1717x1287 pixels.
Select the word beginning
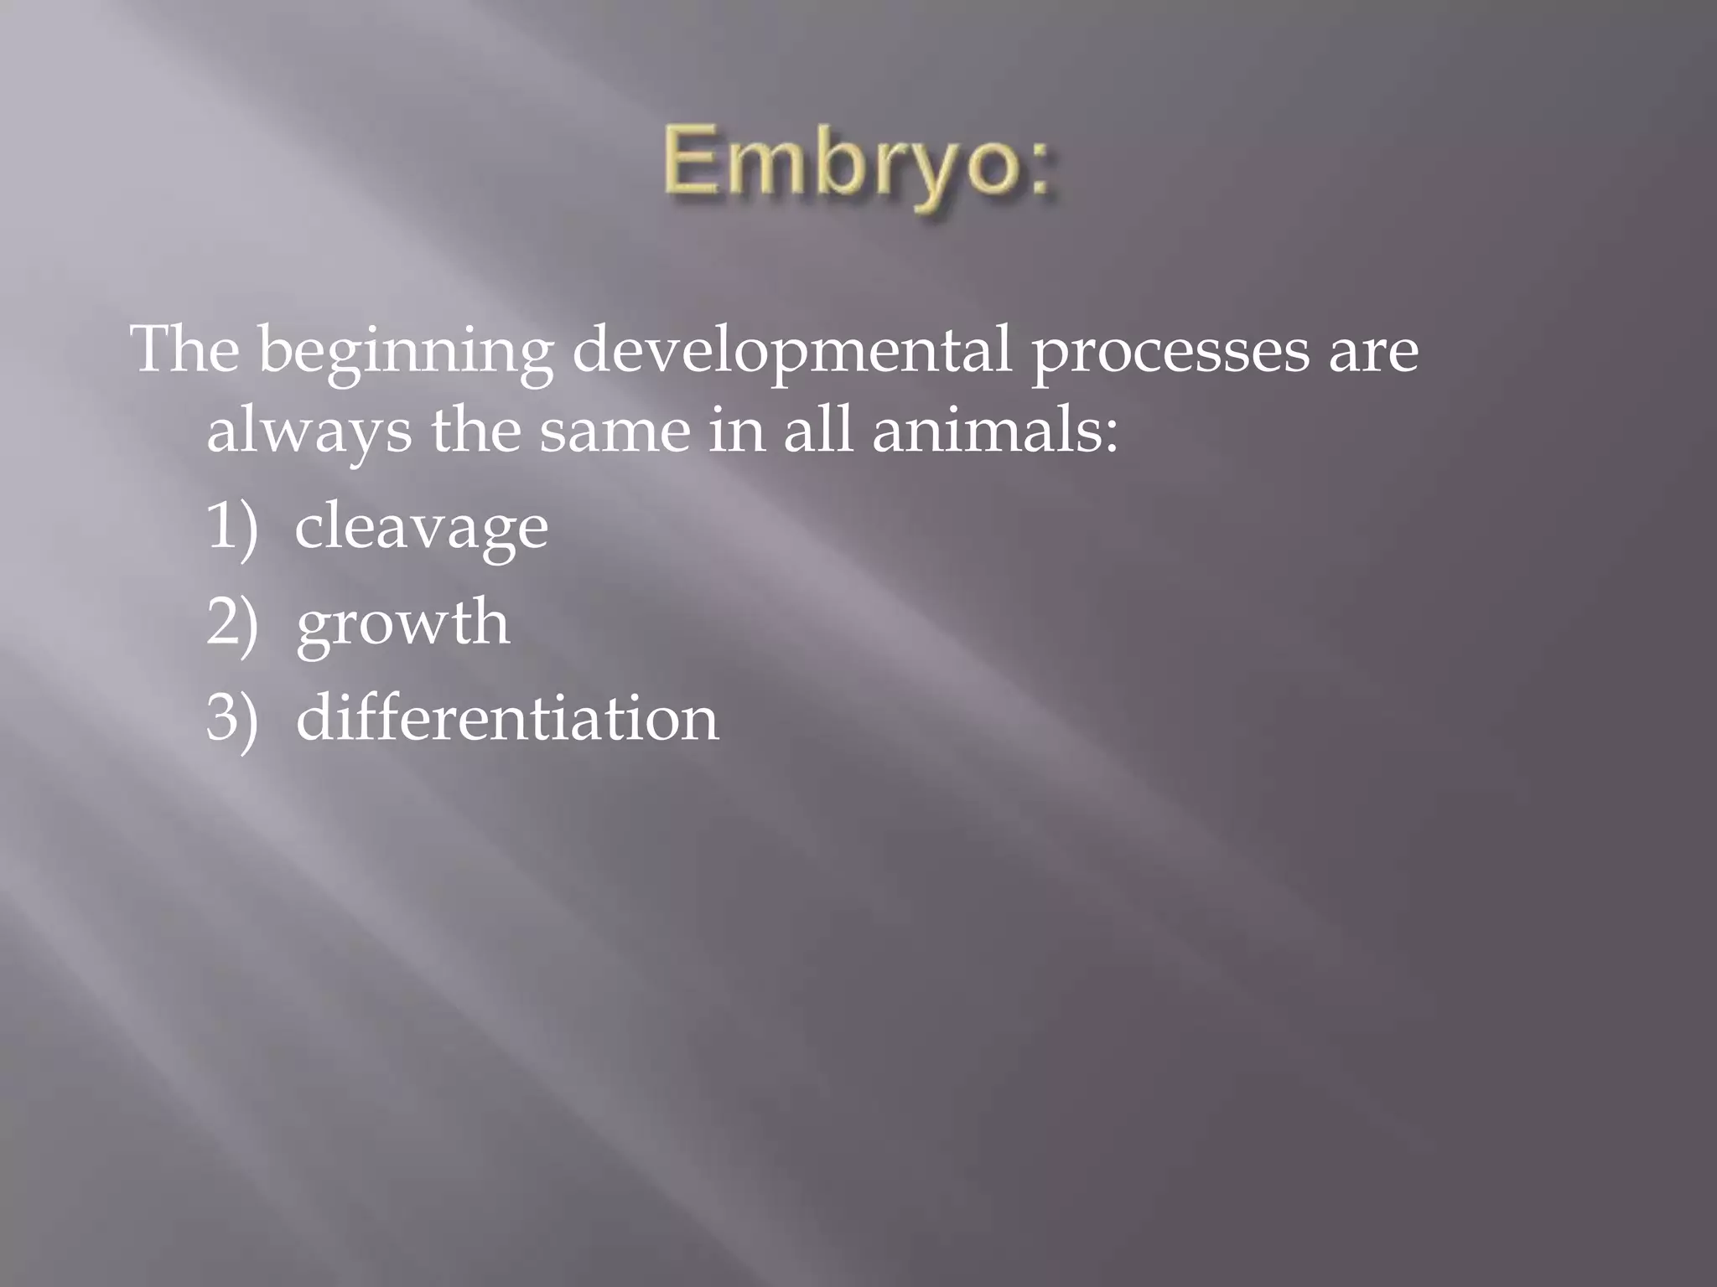click(405, 353)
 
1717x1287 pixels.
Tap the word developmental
click(791, 353)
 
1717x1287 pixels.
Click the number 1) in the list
click(231, 527)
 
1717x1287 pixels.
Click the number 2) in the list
click(231, 623)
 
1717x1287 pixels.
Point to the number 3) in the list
click(231, 719)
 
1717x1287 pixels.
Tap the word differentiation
click(507, 718)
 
